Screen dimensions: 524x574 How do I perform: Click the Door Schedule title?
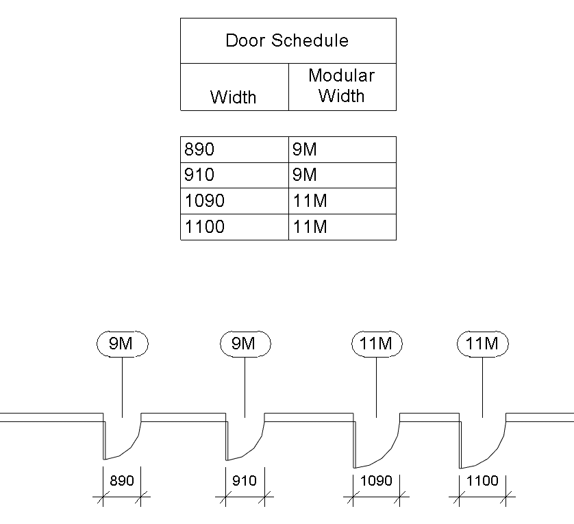click(287, 40)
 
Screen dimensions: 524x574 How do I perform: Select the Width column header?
click(233, 97)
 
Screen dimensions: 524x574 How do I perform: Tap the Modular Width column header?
click(341, 86)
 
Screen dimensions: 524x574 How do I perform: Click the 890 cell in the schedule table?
click(199, 149)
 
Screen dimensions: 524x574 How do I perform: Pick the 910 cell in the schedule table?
click(199, 175)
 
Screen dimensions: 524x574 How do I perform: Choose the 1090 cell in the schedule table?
click(204, 201)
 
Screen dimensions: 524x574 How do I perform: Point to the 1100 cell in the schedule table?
click(204, 227)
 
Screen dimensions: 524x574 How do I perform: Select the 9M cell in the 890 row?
click(305, 149)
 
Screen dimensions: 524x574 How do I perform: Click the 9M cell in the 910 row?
click(305, 175)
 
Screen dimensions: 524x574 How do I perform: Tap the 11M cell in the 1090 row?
click(310, 201)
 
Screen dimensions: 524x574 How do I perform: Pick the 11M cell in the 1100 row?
click(310, 227)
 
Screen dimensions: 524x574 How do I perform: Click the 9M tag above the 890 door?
click(122, 343)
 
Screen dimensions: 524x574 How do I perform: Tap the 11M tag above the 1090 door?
click(377, 343)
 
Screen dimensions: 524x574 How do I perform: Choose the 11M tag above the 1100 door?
click(482, 343)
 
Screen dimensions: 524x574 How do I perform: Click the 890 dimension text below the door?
click(122, 481)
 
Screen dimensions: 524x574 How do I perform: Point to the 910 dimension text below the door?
click(245, 481)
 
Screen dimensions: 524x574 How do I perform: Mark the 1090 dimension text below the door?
click(377, 481)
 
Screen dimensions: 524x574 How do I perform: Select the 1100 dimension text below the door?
click(482, 481)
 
